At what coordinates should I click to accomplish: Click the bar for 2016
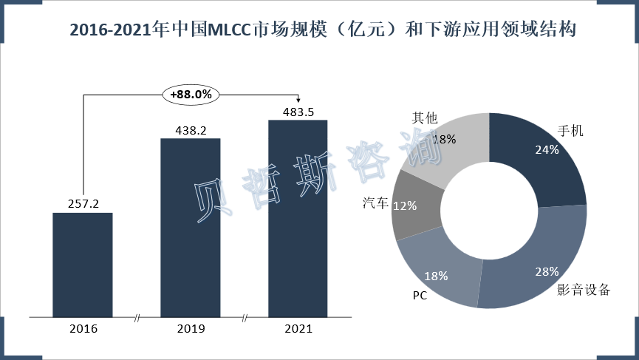point(82,265)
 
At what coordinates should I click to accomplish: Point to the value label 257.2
point(82,202)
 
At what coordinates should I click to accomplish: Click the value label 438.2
point(191,130)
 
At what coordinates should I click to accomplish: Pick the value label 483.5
point(298,112)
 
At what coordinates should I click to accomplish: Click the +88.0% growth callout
point(191,95)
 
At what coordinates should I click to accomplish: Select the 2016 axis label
point(82,329)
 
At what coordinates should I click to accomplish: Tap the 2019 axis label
point(191,329)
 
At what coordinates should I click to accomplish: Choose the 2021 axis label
point(298,329)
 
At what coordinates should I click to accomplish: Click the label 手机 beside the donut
point(570,132)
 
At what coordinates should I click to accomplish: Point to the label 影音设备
point(584,289)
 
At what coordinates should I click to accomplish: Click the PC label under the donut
point(419,296)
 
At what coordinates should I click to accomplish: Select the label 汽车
point(375,202)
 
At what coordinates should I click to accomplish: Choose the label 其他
point(424,118)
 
